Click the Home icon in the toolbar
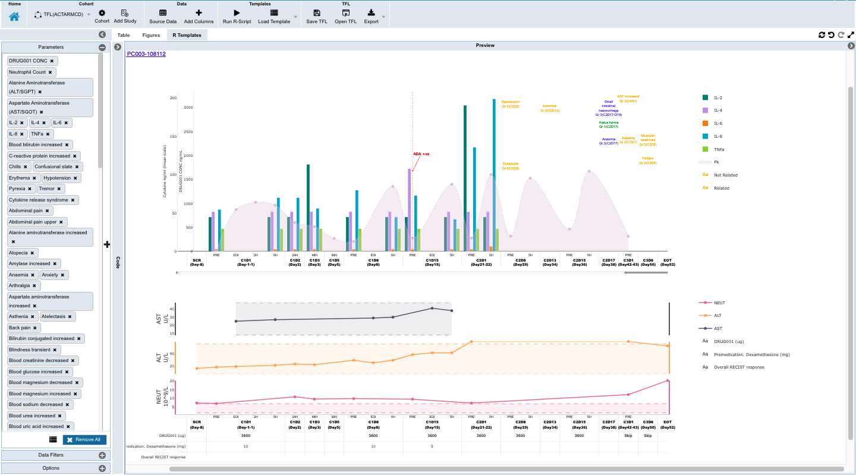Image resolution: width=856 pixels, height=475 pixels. pyautogui.click(x=14, y=17)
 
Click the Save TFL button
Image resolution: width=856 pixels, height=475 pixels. pyautogui.click(x=316, y=16)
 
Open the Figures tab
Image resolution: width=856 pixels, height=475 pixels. pyautogui.click(x=151, y=35)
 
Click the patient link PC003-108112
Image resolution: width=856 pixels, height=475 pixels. pyautogui.click(x=146, y=54)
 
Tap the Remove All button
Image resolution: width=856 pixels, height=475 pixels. pyautogui.click(x=85, y=440)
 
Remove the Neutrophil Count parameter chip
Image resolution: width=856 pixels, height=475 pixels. pyautogui.click(x=50, y=72)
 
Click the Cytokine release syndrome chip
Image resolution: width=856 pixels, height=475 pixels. pyautogui.click(x=39, y=200)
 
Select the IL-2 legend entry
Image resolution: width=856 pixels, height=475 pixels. pyautogui.click(x=717, y=97)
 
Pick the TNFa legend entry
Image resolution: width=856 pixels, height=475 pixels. pyautogui.click(x=718, y=149)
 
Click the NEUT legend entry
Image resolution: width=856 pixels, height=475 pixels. pyautogui.click(x=719, y=303)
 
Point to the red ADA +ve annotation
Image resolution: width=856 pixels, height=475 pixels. pyautogui.click(x=421, y=154)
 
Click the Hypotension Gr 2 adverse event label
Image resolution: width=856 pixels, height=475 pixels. pyautogui.click(x=511, y=104)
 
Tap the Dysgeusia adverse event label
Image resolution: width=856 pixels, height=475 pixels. pyautogui.click(x=511, y=166)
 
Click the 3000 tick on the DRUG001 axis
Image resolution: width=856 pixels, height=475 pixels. pyautogui.click(x=188, y=108)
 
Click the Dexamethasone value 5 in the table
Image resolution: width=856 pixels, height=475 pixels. pyautogui.click(x=432, y=446)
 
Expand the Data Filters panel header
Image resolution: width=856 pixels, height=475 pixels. pyautogui.click(x=51, y=455)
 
